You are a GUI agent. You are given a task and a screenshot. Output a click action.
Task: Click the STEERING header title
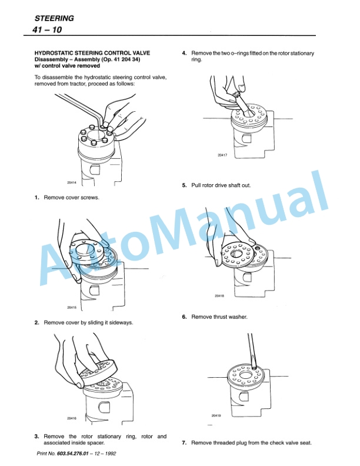click(54, 18)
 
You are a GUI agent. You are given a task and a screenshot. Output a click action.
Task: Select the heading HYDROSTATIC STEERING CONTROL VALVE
click(92, 53)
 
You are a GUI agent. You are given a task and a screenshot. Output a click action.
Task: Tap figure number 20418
click(219, 295)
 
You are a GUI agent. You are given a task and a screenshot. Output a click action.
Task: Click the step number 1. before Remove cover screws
click(37, 198)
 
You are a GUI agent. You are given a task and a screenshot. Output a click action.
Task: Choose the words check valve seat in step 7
click(290, 442)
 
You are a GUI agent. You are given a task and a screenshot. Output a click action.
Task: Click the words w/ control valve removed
click(67, 66)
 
